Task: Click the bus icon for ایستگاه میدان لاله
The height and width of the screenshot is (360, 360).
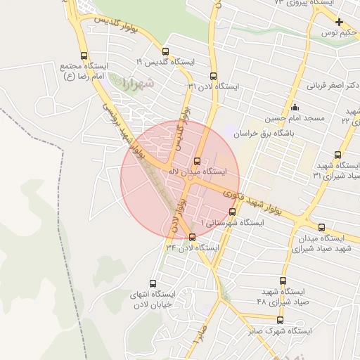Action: (x=197, y=160)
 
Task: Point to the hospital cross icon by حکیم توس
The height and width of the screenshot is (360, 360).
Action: (x=339, y=22)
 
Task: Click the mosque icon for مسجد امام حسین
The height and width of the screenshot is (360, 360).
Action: (x=295, y=107)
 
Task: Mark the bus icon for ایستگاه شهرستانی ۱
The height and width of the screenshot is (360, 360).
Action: (x=232, y=212)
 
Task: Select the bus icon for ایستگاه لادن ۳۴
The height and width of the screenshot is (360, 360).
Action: (x=193, y=237)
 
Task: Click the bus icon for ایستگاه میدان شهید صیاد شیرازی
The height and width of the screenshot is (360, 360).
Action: (x=322, y=227)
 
